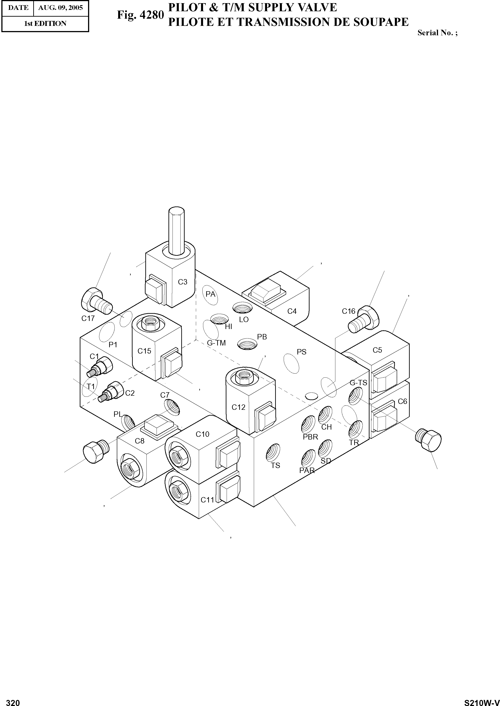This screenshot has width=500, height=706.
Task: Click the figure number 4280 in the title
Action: tap(152, 15)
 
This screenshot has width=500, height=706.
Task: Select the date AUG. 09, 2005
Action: tap(60, 7)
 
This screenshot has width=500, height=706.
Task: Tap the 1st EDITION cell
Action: tap(45, 23)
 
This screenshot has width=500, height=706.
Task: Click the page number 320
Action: tap(13, 700)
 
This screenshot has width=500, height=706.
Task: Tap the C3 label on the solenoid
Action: tap(183, 282)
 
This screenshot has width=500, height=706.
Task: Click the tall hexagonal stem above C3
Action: tap(177, 231)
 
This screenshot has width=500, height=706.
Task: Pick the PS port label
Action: tap(301, 352)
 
